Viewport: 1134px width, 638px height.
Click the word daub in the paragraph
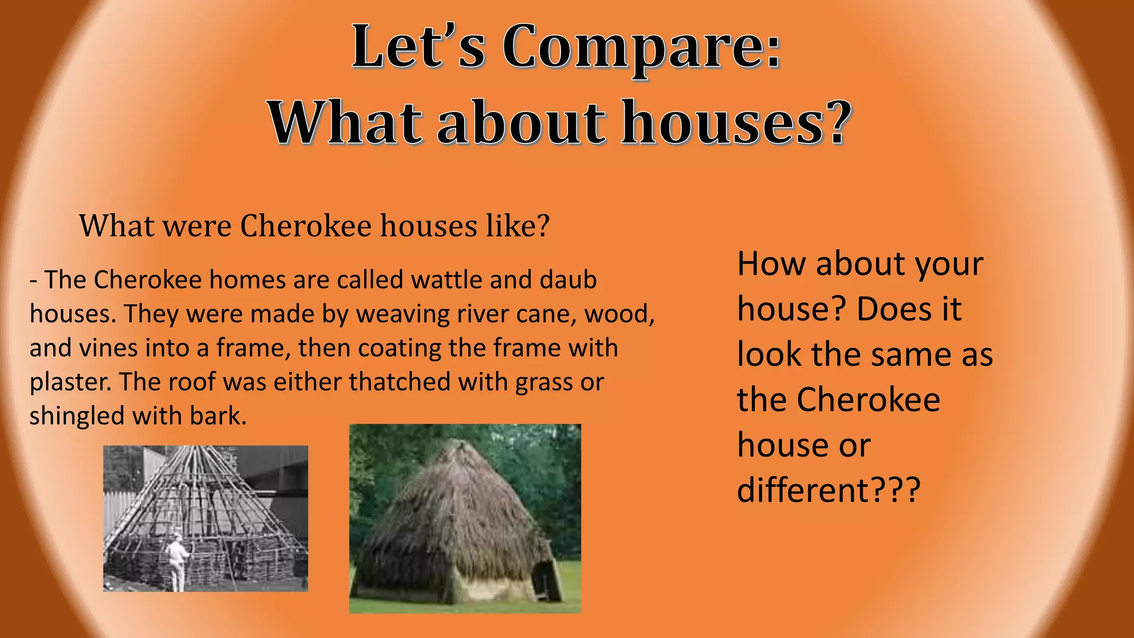point(568,280)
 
